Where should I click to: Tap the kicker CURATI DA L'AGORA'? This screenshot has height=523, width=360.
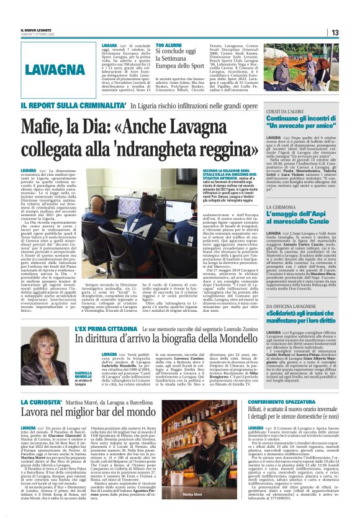(286, 111)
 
